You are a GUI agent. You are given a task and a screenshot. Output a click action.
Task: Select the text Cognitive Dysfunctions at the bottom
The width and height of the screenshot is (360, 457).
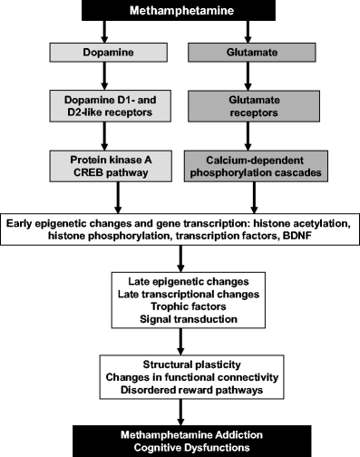pos(180,447)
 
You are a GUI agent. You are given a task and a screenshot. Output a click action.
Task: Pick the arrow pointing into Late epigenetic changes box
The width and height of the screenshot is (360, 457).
pos(180,260)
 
